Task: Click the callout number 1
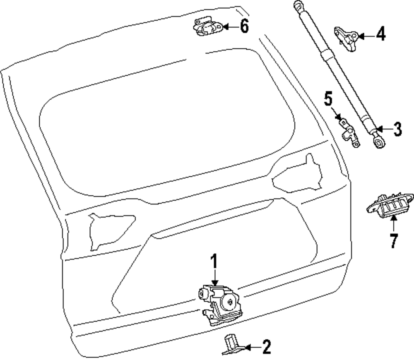214,262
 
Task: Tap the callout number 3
397,130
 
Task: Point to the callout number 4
380,35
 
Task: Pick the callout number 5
328,100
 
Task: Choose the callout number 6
244,27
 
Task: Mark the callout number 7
393,240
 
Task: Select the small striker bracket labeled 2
231,345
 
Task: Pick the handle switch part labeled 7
389,207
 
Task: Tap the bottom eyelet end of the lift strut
379,143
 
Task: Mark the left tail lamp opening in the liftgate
108,230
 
